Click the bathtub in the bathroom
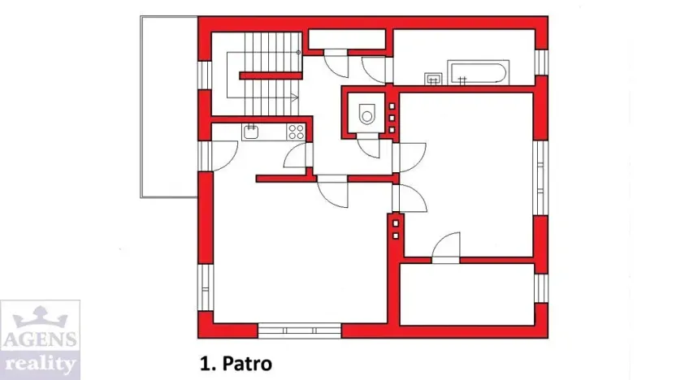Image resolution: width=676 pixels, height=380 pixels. pos(479,72)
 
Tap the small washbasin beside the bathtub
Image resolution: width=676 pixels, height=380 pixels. pos(433,79)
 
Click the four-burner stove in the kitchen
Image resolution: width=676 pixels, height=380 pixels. pos(296,132)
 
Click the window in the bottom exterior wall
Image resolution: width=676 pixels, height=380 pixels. pos(299,330)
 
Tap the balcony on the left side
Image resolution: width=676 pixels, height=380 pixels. pos(169,106)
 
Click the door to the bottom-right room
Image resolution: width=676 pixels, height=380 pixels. pos(445,248)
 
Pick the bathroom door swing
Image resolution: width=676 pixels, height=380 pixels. pos(378,68)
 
